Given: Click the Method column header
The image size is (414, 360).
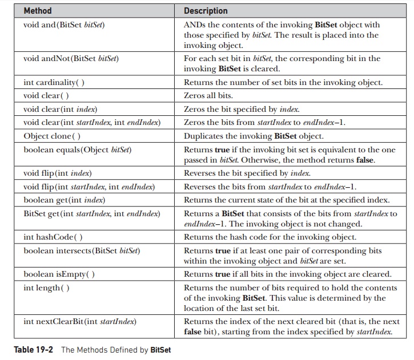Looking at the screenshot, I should tap(38, 11).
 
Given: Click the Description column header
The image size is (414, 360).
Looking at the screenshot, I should tap(206, 11).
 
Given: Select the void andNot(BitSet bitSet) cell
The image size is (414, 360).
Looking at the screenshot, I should tap(71, 58).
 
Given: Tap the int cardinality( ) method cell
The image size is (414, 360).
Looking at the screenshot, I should tap(54, 83).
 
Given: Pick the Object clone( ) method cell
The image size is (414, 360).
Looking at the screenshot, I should tap(52, 136).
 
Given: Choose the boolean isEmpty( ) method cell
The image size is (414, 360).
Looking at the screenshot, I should tap(59, 274).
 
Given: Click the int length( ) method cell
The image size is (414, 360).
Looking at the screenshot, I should tap(46, 288).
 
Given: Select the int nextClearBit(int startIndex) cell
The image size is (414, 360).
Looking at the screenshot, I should tap(80, 322).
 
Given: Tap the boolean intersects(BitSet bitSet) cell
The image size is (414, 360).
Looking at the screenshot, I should tap(82, 250).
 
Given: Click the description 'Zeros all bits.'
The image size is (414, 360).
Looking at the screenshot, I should tap(208, 96).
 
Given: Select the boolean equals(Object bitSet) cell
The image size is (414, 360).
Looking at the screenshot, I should tap(78, 150).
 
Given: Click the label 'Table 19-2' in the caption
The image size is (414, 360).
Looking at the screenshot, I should tap(34, 350).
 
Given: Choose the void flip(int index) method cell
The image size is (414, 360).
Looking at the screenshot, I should tap(58, 173).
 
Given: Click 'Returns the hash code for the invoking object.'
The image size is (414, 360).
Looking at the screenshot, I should tap(270, 237).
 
